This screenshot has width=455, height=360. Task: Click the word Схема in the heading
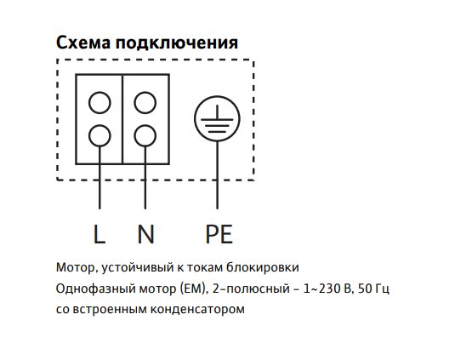point(83,43)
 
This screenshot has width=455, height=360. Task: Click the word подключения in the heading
point(177,43)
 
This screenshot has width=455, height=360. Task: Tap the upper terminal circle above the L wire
point(100,102)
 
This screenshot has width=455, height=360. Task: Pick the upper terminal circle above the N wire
point(145,102)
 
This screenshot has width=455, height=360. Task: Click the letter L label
point(99,234)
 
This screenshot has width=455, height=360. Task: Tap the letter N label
point(145,234)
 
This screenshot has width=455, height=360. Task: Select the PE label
point(219,234)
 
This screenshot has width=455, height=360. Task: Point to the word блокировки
point(263,267)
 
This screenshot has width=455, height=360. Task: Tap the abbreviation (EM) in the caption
point(193,289)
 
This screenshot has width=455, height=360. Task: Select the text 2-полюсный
point(251,289)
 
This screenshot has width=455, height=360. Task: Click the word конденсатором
point(197,310)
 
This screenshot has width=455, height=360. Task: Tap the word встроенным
point(110,310)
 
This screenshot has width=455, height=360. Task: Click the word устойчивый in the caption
point(138,268)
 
